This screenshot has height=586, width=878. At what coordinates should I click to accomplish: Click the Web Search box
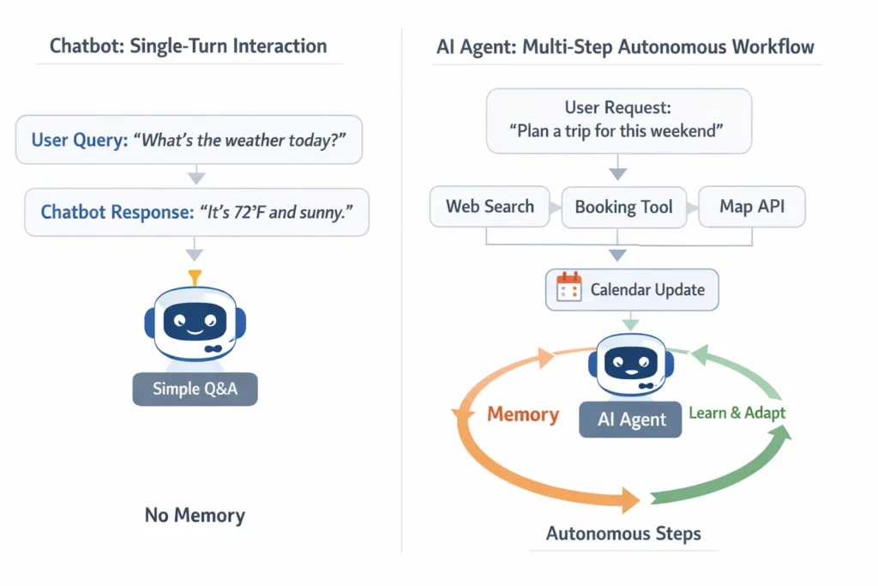490,207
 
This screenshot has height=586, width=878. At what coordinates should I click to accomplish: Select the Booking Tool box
623,208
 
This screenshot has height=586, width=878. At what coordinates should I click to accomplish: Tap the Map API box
752,207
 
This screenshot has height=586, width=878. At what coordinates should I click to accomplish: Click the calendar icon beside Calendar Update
568,288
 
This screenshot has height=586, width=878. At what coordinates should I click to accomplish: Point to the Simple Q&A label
195,389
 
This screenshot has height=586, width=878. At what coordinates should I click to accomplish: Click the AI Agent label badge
631,419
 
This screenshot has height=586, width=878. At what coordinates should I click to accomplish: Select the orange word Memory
523,415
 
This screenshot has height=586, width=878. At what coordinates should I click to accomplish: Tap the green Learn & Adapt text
737,413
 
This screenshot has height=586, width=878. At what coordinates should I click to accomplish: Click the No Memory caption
195,515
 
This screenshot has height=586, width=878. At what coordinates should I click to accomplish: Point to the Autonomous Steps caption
623,534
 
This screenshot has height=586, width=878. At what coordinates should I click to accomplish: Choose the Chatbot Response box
196,212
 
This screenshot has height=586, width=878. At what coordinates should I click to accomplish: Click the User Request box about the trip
618,120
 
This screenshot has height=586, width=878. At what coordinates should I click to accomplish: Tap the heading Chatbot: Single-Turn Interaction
188,46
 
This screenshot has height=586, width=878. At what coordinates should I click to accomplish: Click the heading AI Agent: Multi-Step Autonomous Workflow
625,46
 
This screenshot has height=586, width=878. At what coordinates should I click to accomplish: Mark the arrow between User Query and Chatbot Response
195,176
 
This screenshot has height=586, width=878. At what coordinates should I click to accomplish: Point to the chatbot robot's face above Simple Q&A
195,323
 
